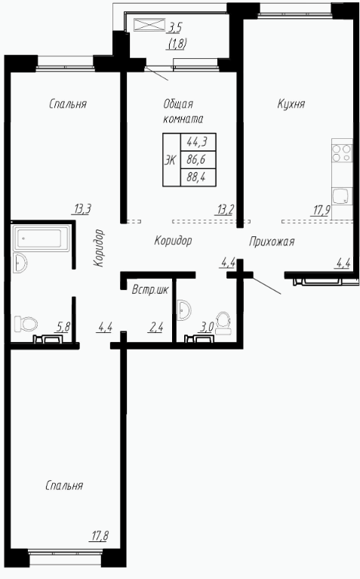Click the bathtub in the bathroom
point(41,239)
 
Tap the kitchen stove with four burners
point(342,153)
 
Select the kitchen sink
point(342,196)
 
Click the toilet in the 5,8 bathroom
point(26,324)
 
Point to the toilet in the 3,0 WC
point(223,323)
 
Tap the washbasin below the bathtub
point(20,263)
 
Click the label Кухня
point(291,104)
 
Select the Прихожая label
point(272,242)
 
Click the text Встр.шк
point(150,290)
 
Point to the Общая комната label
point(183,112)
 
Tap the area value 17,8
point(100,535)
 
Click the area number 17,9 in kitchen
point(322,211)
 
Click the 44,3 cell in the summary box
point(197,141)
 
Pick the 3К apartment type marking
point(171,160)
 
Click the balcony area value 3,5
point(176,28)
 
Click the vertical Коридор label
point(99,248)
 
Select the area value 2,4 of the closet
point(155,327)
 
